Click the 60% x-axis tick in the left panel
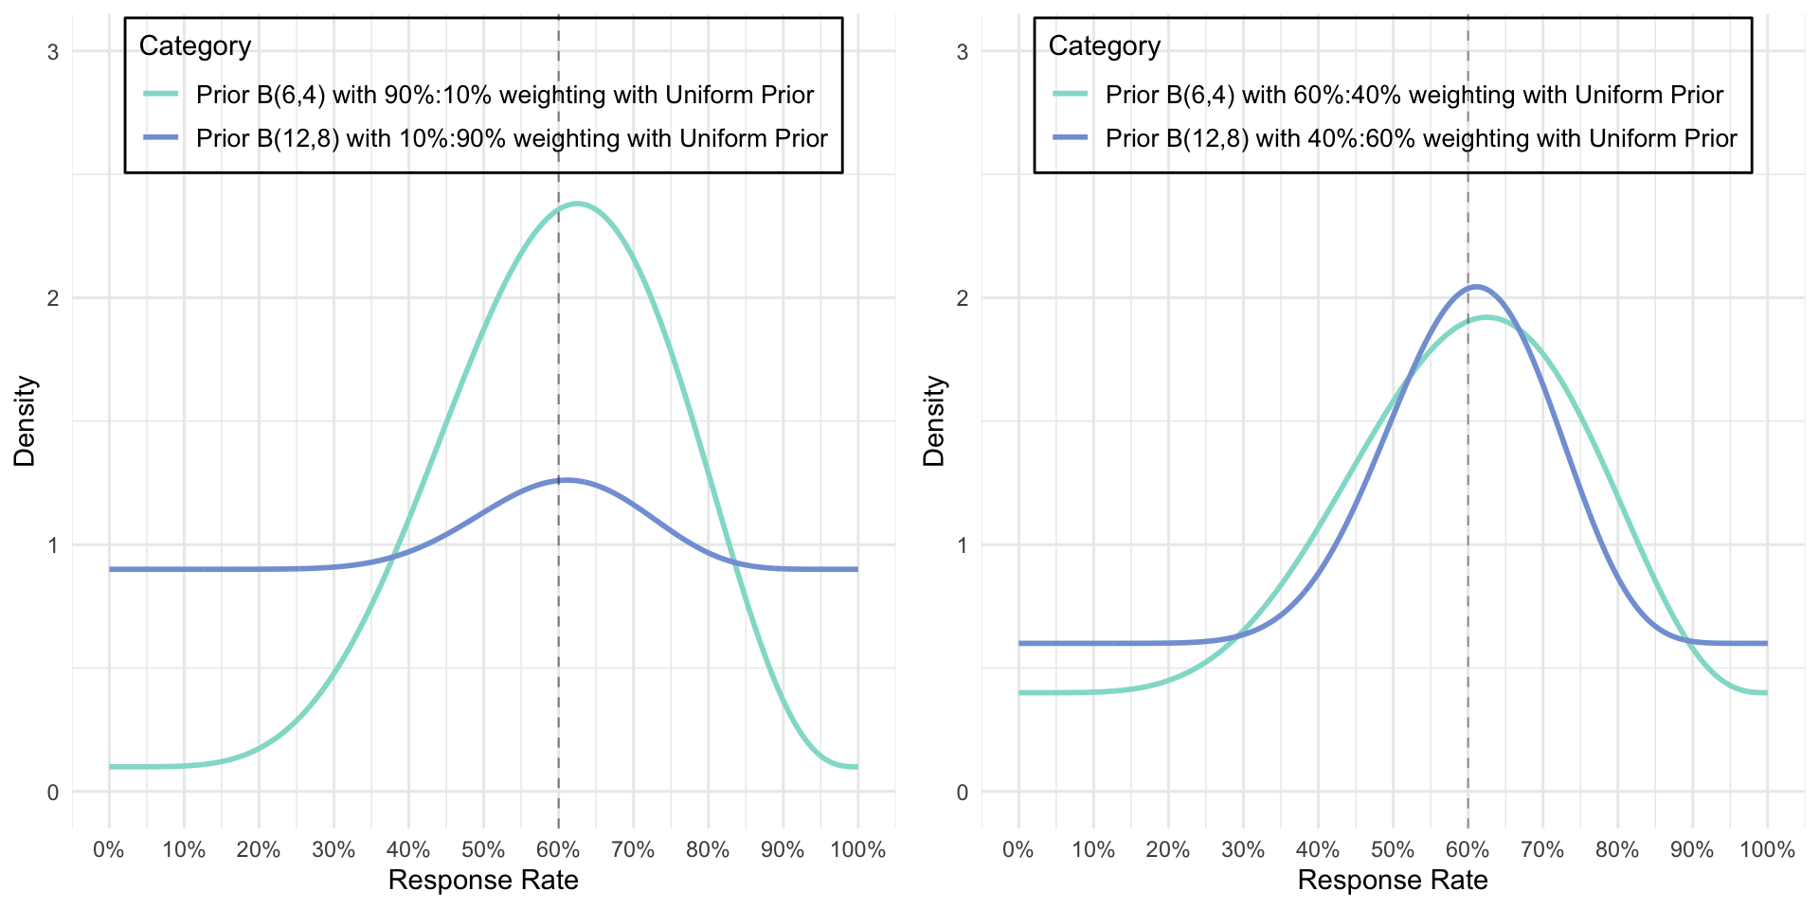pyautogui.click(x=558, y=849)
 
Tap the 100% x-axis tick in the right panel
pyautogui.click(x=1767, y=849)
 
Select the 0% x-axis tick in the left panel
pyautogui.click(x=109, y=849)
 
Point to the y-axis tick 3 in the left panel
pyautogui.click(x=53, y=52)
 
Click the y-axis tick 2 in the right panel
pyautogui.click(x=963, y=298)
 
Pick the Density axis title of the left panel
pyautogui.click(x=25, y=421)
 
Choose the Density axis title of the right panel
pyautogui.click(x=934, y=421)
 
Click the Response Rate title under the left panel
pyautogui.click(x=483, y=881)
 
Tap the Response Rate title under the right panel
pyautogui.click(x=1393, y=881)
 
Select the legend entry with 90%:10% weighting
pyautogui.click(x=504, y=95)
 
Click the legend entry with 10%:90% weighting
pyautogui.click(x=512, y=138)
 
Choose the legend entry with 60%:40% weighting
pyautogui.click(x=1414, y=95)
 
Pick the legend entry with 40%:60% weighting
pyautogui.click(x=1421, y=138)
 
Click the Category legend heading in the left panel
pyautogui.click(x=195, y=46)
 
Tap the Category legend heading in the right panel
pyautogui.click(x=1105, y=46)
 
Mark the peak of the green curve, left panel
pyautogui.click(x=577, y=204)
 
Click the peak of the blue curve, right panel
pyautogui.click(x=1475, y=286)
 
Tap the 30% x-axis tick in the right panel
pyautogui.click(x=1243, y=849)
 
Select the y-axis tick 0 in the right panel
pyautogui.click(x=963, y=792)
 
